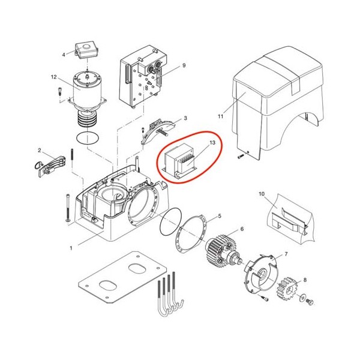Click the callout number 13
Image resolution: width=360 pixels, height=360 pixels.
tap(212, 143)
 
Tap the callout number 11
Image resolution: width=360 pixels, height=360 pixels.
tap(220, 116)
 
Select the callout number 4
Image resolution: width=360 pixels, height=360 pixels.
tap(64, 55)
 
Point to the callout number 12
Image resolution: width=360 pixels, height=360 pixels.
tap(54, 77)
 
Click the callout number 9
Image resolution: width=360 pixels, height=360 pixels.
tap(184, 65)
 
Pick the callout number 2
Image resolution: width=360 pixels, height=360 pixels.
tap(40, 151)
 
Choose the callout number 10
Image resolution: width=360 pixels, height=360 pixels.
tap(262, 194)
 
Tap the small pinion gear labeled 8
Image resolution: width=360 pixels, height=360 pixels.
tap(288, 289)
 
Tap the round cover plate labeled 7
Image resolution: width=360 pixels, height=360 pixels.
tap(260, 274)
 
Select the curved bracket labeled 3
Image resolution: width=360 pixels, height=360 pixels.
tap(158, 131)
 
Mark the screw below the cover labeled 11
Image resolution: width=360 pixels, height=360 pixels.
tap(240, 157)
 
